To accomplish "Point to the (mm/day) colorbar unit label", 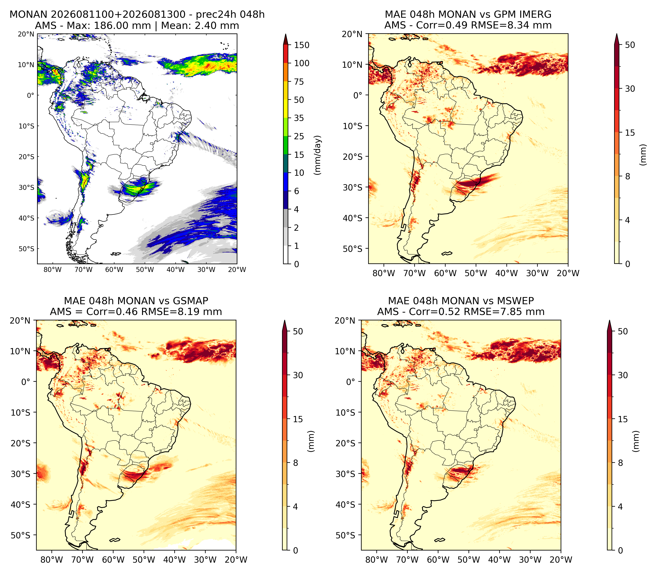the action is coord(318,155).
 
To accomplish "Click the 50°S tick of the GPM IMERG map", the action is coord(353,249).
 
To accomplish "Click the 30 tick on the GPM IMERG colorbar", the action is coord(630,89).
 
